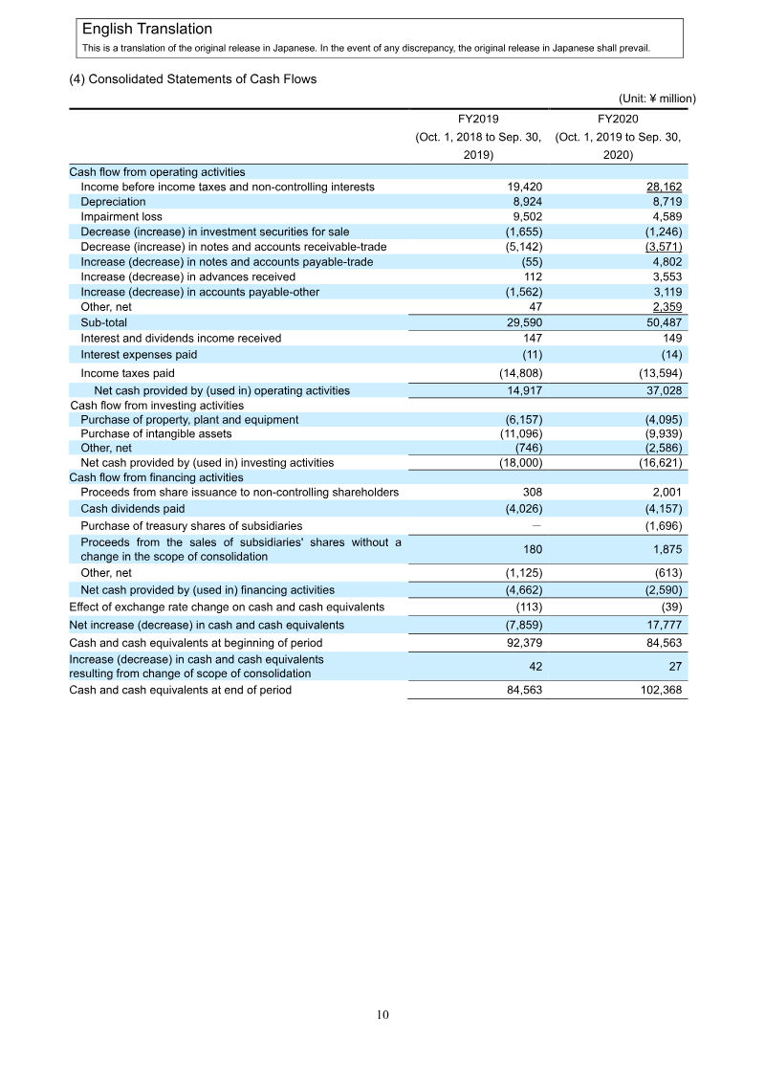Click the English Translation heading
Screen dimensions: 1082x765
[x=147, y=30]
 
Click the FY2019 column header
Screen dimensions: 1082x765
[x=478, y=119]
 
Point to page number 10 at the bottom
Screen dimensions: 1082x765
[x=382, y=1015]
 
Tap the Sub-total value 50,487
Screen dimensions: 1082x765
[x=661, y=323]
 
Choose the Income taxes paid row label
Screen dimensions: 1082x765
[x=127, y=373]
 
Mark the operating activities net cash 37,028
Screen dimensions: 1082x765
[x=661, y=390]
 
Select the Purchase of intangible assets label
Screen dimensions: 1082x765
[x=156, y=433]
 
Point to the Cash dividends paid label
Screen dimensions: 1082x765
[x=133, y=509]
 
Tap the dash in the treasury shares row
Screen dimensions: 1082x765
[x=537, y=526]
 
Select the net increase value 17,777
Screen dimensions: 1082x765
[x=662, y=625]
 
